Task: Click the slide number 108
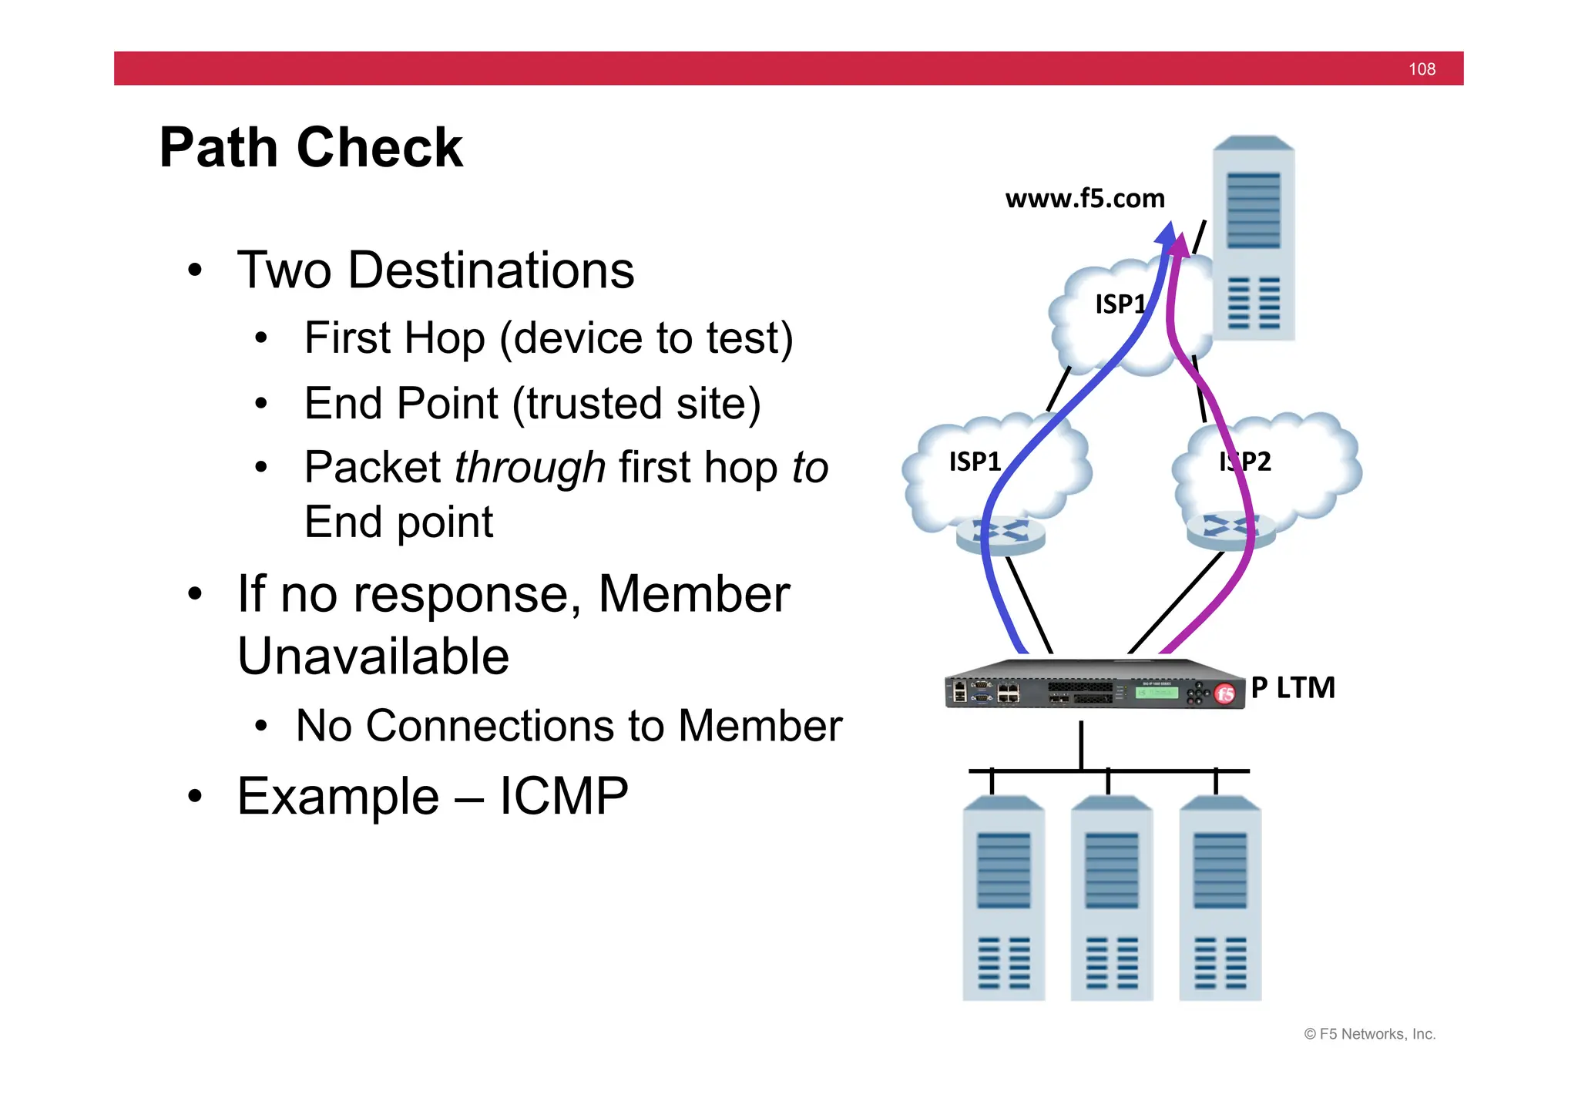(1421, 69)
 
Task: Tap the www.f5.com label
(1084, 199)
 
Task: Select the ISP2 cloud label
(1245, 462)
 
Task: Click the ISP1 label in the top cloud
(1120, 304)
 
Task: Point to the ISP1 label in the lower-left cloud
(975, 462)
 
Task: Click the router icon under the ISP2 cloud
(1231, 531)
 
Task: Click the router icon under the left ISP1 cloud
(1000, 535)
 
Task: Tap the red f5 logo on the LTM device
(1224, 694)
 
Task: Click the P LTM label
(1292, 687)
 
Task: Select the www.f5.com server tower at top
(1253, 239)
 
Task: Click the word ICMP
(563, 796)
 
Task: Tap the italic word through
(530, 467)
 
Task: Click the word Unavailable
(373, 657)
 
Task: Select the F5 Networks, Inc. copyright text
(1369, 1034)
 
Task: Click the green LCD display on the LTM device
(1156, 692)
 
